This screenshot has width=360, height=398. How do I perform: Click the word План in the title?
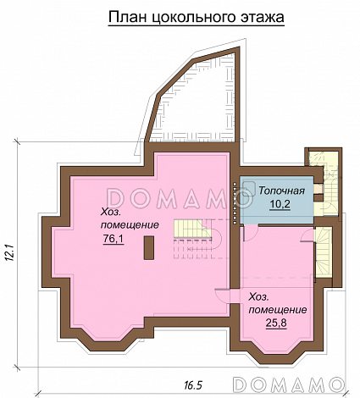pyautogui.click(x=127, y=17)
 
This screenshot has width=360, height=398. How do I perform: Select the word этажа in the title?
pyautogui.click(x=263, y=18)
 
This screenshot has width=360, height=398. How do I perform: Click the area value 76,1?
pyautogui.click(x=114, y=240)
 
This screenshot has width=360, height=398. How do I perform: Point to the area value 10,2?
pyautogui.click(x=280, y=204)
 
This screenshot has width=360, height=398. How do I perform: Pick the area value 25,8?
pyautogui.click(x=276, y=323)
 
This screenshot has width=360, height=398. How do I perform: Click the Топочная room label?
pyautogui.click(x=281, y=191)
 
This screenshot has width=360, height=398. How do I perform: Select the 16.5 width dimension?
pyautogui.click(x=193, y=384)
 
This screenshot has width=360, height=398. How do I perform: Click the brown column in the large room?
pyautogui.click(x=149, y=248)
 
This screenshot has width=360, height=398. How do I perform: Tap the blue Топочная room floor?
pyautogui.click(x=277, y=200)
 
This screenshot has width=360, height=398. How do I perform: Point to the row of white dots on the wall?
pyautogui.click(x=235, y=203)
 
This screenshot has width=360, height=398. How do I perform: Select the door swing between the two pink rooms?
pyautogui.click(x=222, y=296)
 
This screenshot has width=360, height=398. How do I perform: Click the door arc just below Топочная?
pyautogui.click(x=250, y=233)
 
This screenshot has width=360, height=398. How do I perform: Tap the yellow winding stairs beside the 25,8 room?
pyautogui.click(x=323, y=252)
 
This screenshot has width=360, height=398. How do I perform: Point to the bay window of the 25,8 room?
pyautogui.click(x=277, y=350)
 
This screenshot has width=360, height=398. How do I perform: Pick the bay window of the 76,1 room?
pyautogui.click(x=108, y=337)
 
